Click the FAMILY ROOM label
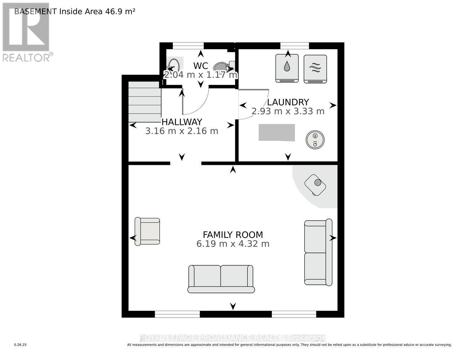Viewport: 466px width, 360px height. click(x=233, y=235)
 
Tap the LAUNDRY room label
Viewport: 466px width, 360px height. click(x=288, y=102)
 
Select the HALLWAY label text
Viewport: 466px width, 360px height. click(x=182, y=122)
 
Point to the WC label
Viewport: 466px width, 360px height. click(x=201, y=66)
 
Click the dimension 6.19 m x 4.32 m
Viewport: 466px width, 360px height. click(x=233, y=244)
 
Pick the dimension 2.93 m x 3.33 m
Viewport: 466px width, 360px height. click(x=288, y=111)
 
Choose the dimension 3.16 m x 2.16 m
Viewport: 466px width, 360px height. click(x=182, y=131)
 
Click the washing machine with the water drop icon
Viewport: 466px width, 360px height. click(x=287, y=68)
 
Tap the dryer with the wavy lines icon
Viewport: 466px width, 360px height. click(x=315, y=69)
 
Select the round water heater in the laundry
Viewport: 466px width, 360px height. click(x=315, y=139)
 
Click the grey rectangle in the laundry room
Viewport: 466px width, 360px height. click(x=277, y=132)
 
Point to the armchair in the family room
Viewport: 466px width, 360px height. click(x=147, y=231)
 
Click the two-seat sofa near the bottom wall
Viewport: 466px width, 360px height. click(x=221, y=279)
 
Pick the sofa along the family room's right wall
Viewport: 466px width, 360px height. click(x=318, y=252)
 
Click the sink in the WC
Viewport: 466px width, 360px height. click(x=174, y=66)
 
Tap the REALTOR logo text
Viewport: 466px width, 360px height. click(x=27, y=58)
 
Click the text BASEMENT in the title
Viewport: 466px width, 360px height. click(x=35, y=11)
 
